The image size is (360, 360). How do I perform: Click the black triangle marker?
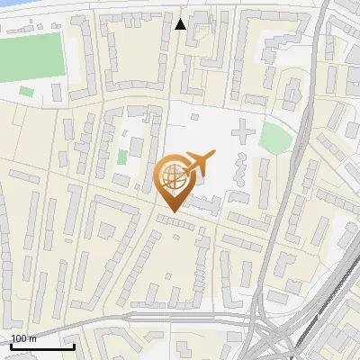181,24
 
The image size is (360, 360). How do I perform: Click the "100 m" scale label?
23,339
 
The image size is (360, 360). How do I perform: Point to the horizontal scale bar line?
42,346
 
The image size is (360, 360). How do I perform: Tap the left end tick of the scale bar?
11,345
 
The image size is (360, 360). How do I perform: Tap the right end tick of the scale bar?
74,345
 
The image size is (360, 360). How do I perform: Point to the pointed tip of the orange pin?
174,212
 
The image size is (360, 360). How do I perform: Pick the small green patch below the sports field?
26,91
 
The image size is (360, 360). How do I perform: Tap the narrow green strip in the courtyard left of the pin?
122,157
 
